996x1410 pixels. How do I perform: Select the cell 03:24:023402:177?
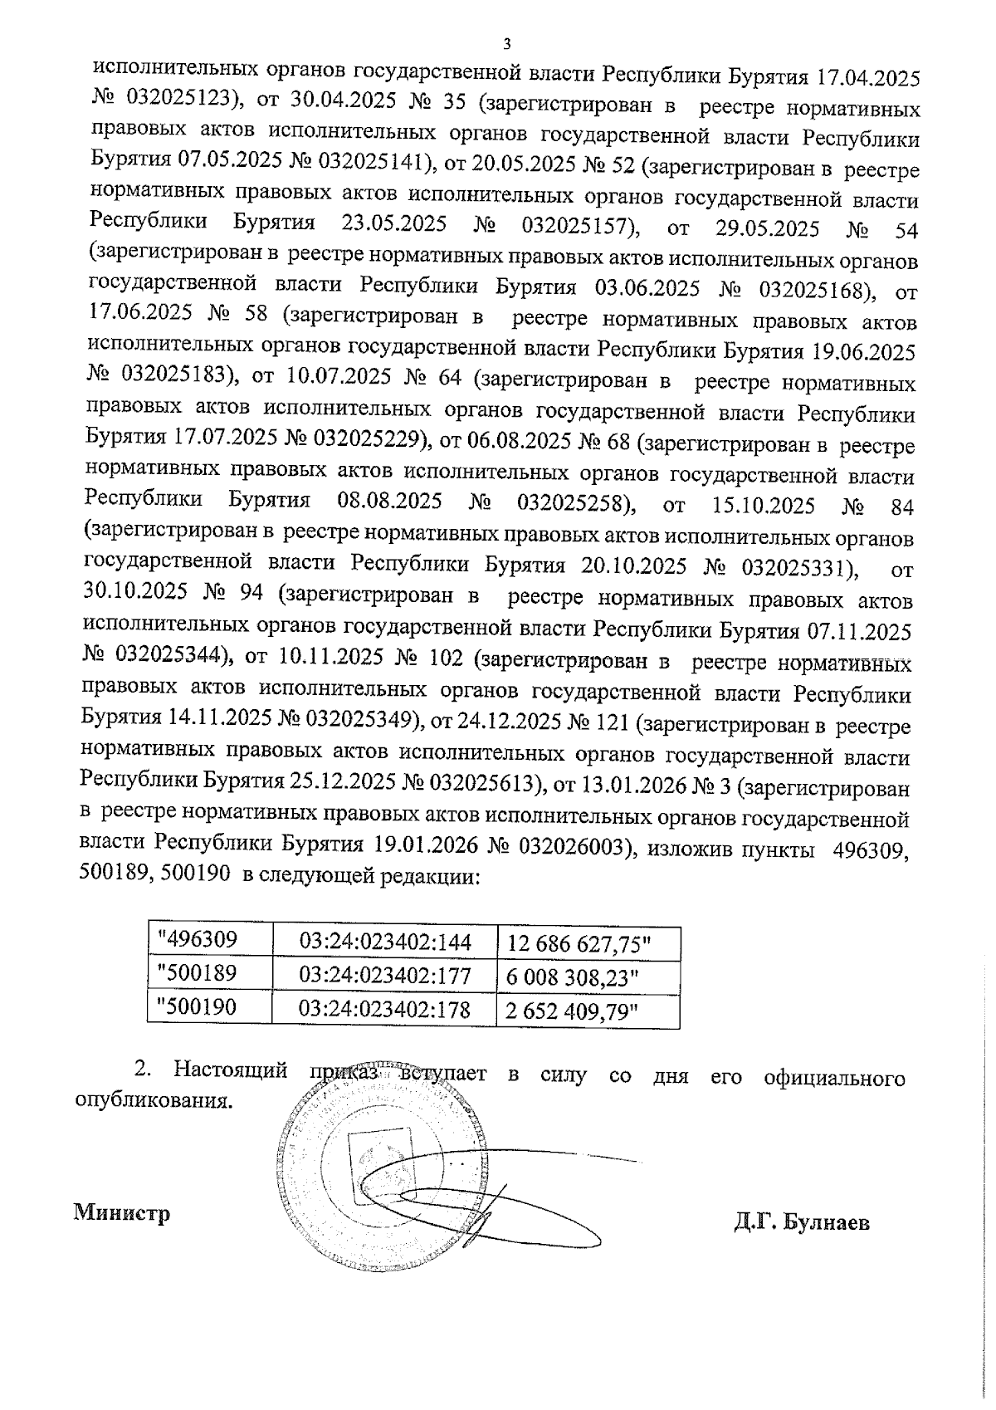click(385, 975)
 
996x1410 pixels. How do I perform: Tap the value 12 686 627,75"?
click(579, 944)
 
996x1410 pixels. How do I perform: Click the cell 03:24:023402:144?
click(385, 942)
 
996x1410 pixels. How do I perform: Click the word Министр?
click(123, 1213)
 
